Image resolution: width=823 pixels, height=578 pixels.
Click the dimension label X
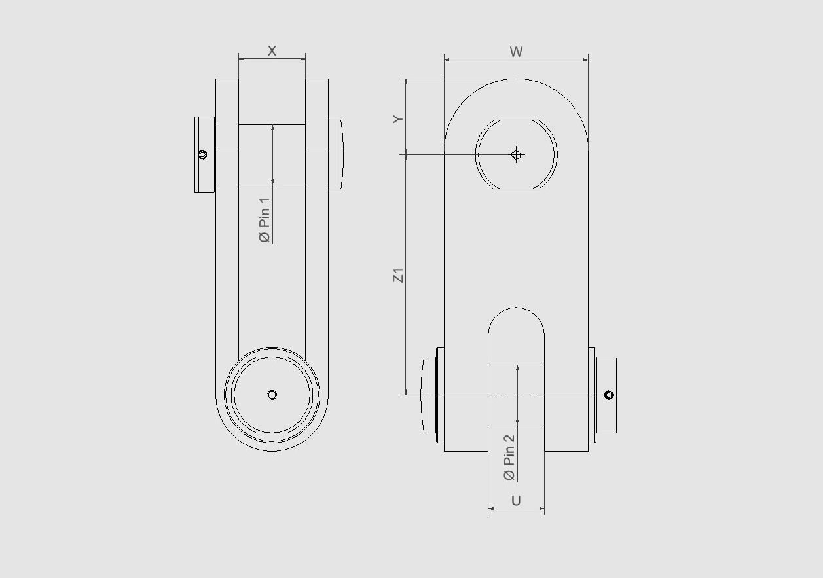[272, 51]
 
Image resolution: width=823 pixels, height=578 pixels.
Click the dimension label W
[516, 52]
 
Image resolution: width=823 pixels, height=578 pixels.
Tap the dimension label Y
[397, 118]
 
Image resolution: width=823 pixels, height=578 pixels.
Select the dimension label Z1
[398, 275]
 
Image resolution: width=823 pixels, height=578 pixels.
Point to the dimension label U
[516, 501]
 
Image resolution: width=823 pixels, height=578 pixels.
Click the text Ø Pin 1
[265, 220]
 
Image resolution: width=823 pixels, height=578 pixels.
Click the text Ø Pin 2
[509, 458]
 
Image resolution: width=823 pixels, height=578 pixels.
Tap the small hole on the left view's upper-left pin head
[202, 154]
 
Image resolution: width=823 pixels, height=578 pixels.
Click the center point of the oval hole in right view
[516, 154]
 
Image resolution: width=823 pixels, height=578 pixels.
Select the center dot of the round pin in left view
[272, 395]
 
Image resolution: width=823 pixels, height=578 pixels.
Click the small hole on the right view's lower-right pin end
[609, 395]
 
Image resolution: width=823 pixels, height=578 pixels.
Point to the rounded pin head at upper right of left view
[335, 154]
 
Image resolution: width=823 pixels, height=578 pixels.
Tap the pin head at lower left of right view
[430, 395]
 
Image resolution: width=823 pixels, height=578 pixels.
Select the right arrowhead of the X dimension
[303, 59]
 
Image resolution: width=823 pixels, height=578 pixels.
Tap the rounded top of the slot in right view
[516, 310]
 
